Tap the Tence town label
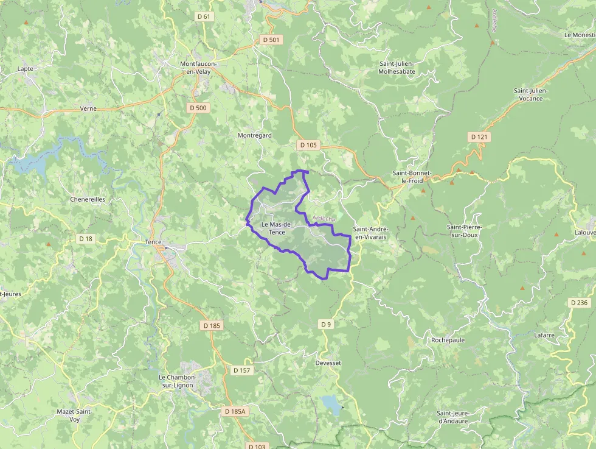click(x=153, y=242)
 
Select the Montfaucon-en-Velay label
click(x=203, y=68)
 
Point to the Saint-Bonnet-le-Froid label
click(x=412, y=177)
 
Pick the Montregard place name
click(x=254, y=135)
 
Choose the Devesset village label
click(x=328, y=363)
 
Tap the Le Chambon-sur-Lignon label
click(x=176, y=381)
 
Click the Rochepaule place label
click(x=448, y=340)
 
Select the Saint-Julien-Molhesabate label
click(x=397, y=67)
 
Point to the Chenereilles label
click(x=88, y=199)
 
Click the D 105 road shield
click(x=308, y=145)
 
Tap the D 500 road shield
click(x=198, y=108)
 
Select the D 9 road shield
click(x=327, y=324)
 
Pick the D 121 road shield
click(x=479, y=137)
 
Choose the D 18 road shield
click(x=86, y=239)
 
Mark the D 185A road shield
click(x=235, y=412)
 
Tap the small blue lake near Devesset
click(x=331, y=404)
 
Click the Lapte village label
click(x=26, y=69)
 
